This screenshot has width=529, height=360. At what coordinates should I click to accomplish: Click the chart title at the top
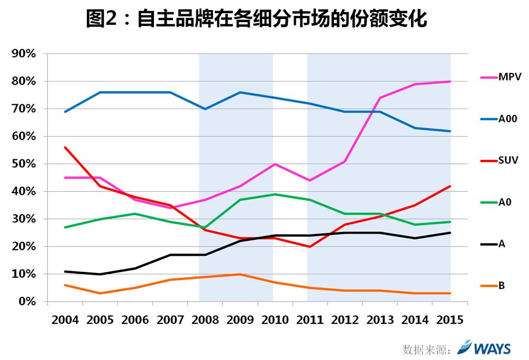257,20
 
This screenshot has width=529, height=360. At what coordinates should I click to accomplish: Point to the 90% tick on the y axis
24,54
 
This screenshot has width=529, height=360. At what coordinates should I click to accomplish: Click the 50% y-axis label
24,164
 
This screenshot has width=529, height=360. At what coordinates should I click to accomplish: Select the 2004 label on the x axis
65,320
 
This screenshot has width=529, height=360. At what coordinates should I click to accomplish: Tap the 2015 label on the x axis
450,320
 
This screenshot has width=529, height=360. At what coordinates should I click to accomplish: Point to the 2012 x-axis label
344,320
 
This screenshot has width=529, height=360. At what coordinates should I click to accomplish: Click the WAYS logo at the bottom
484,348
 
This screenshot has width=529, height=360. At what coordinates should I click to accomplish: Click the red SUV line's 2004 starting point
65,147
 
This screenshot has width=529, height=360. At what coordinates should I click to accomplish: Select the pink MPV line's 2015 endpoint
450,82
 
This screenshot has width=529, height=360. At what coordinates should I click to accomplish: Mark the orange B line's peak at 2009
240,274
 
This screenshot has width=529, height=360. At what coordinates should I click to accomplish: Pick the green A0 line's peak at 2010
275,194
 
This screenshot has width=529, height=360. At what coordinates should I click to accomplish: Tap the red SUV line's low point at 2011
309,247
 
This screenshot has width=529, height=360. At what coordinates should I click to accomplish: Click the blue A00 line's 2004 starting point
65,112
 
